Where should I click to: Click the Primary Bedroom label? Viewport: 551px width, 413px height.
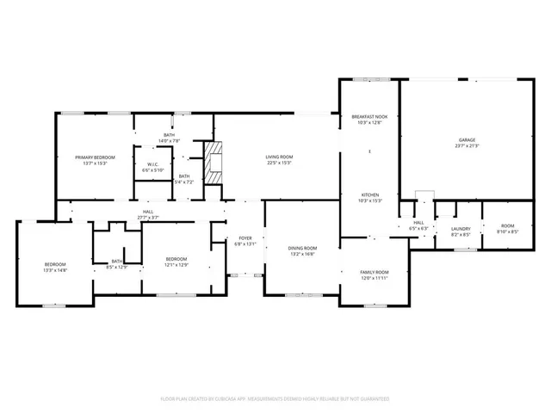[x=95, y=157]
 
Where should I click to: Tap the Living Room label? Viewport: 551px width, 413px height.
[x=280, y=157]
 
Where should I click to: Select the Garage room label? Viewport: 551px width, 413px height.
[x=467, y=139]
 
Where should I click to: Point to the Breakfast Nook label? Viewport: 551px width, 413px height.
[x=368, y=116]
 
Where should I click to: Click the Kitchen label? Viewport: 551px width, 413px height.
[x=369, y=195]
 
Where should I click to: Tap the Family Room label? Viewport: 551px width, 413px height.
[x=374, y=272]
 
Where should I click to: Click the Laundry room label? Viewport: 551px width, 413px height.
[x=461, y=228]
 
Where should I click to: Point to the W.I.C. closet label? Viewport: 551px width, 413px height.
[x=152, y=164]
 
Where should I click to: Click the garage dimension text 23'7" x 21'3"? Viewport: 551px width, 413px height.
[x=467, y=146]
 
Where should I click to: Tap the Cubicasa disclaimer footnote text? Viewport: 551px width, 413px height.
[x=275, y=399]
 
